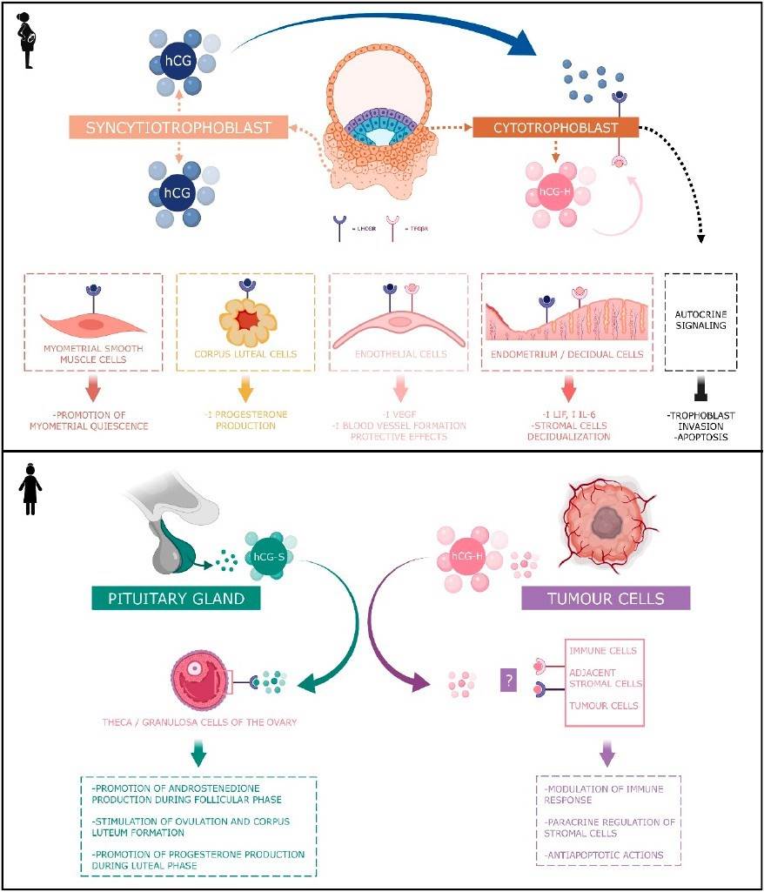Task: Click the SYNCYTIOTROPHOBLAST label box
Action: click(x=179, y=128)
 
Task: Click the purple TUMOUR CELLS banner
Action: click(x=605, y=598)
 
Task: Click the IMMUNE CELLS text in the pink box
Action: click(x=602, y=651)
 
